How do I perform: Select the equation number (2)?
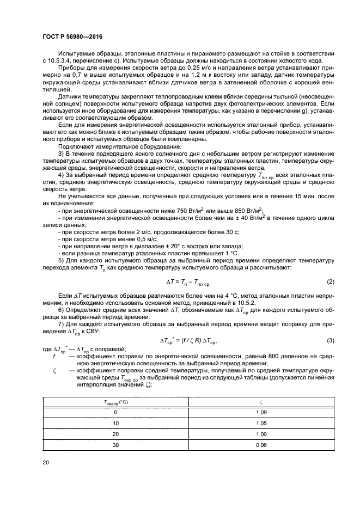click(330, 281)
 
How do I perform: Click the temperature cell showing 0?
click(115, 413)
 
